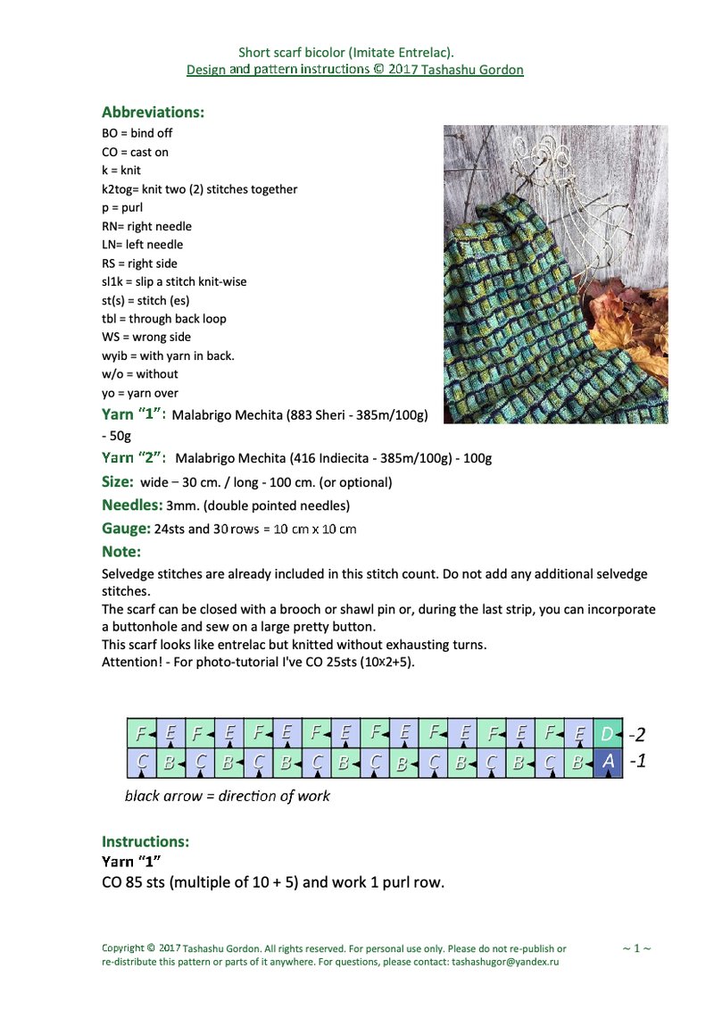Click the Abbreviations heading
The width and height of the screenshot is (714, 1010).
point(153,113)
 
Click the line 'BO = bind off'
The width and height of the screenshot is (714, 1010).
point(137,133)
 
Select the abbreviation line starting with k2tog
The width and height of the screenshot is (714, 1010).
point(200,189)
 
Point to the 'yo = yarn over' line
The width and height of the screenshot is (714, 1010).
point(140,393)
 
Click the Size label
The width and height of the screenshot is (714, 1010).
point(118,481)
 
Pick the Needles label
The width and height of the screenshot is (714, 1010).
point(132,505)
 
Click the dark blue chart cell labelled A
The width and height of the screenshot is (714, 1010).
point(608,762)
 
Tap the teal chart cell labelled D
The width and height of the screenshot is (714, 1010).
point(608,734)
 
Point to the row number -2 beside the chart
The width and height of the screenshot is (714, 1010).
point(636,735)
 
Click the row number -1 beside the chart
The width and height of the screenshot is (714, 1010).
point(636,763)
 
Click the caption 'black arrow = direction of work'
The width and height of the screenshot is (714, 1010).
point(227,796)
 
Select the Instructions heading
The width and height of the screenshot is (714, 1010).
point(145,841)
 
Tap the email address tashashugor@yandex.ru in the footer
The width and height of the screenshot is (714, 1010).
point(506,963)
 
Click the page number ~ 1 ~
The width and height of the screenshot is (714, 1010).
point(636,948)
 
